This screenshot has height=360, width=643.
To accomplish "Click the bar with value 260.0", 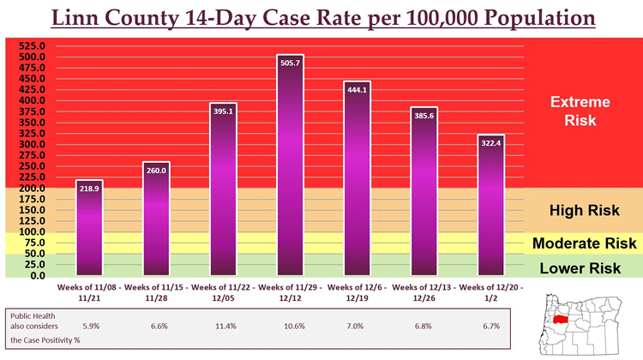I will click(x=156, y=219).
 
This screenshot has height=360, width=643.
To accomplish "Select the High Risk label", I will click(x=580, y=211).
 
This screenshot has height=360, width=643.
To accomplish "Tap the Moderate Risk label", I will click(x=584, y=243).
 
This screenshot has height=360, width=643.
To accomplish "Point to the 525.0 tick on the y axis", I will click(x=33, y=45).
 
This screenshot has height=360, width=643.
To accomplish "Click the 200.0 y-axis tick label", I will click(x=33, y=189).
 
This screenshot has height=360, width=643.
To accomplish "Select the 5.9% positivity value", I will click(x=90, y=326).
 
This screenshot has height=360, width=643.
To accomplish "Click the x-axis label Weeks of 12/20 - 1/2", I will click(x=490, y=291).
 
